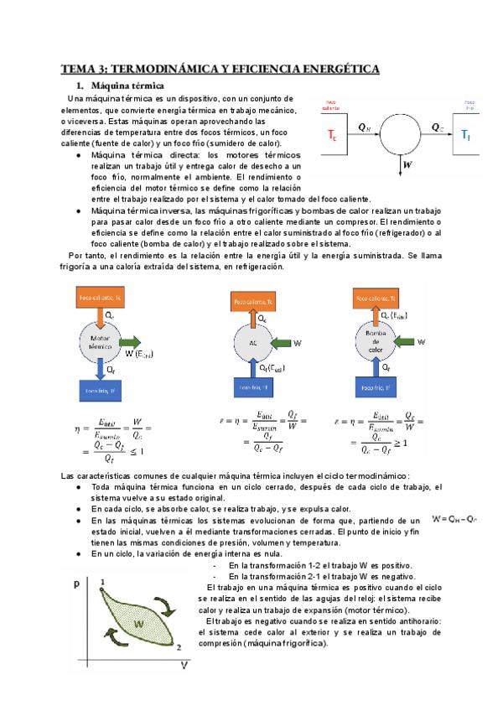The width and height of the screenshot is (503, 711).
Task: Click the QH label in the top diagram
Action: point(363,127)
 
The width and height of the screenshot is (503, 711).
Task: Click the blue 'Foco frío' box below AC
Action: point(255,387)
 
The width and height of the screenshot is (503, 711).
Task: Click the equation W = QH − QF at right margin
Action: point(455,519)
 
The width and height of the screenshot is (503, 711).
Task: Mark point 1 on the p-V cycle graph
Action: point(101,581)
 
